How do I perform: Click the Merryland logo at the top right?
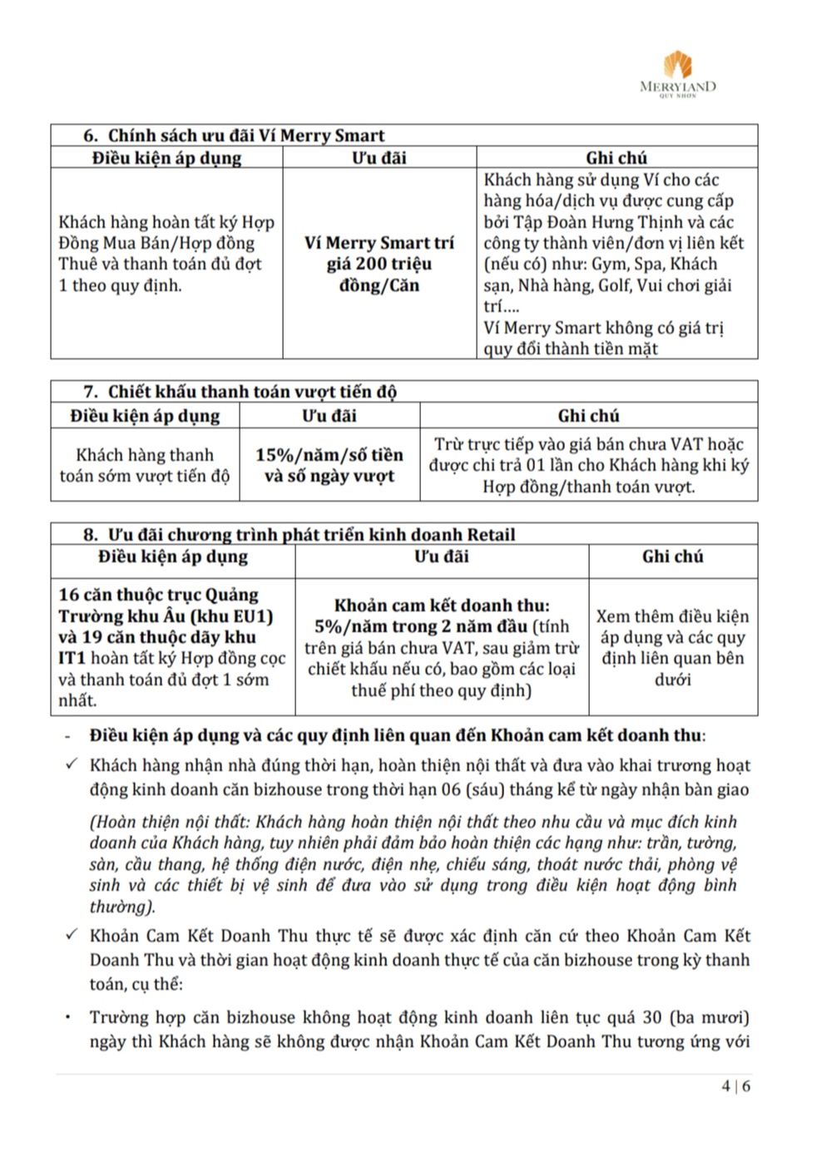click(x=677, y=73)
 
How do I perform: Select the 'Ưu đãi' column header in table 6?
click(x=379, y=157)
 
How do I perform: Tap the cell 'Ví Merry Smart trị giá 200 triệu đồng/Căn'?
click(x=379, y=264)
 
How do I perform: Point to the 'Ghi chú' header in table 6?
click(x=616, y=157)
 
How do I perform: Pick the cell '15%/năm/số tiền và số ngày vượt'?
click(x=329, y=465)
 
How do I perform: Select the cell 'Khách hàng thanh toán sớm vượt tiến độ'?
click(x=145, y=465)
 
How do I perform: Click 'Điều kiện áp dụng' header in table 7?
click(x=145, y=415)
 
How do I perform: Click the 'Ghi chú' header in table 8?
click(x=672, y=556)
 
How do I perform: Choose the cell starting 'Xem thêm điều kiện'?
click(x=672, y=647)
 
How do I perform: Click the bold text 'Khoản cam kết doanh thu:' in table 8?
click(x=442, y=606)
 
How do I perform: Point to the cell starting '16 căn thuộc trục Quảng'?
click(x=171, y=647)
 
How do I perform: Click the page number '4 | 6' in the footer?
click(x=736, y=1085)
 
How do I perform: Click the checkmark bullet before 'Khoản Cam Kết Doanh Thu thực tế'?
click(x=72, y=935)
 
